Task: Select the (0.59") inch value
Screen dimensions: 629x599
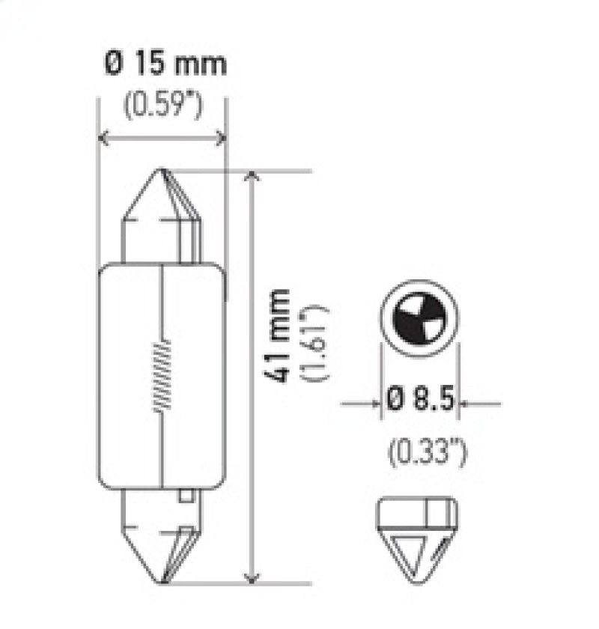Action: click(x=162, y=107)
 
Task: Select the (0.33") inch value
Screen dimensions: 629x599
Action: click(x=422, y=451)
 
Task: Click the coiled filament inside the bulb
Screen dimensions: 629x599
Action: click(x=161, y=375)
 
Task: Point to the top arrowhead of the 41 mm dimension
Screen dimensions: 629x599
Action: click(x=253, y=177)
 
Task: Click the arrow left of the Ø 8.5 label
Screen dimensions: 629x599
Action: click(x=374, y=404)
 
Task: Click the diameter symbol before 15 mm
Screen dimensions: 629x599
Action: click(x=111, y=64)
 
